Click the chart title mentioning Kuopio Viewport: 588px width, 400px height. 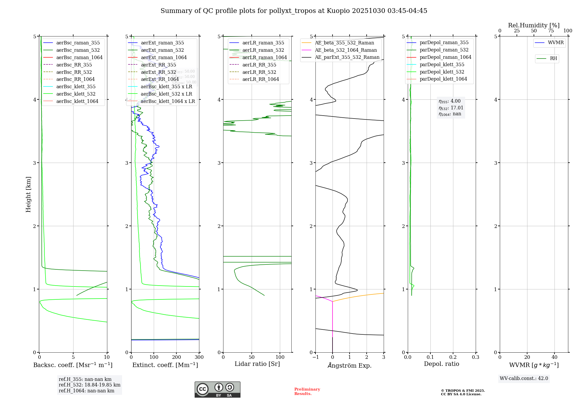(x=294, y=11)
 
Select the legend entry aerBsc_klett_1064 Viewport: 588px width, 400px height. (x=77, y=101)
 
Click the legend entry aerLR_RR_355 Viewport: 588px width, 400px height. (x=259, y=65)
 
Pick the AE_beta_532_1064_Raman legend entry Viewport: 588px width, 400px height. (x=346, y=50)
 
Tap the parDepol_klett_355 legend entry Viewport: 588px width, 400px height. (x=442, y=64)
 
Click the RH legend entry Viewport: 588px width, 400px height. (x=553, y=59)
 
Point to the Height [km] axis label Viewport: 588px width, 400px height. (x=28, y=194)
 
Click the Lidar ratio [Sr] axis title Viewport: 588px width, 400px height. (x=257, y=364)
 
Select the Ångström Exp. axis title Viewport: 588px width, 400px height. (x=350, y=365)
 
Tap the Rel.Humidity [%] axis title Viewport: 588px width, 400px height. (x=534, y=25)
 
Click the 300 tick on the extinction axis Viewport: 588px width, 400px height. (x=199, y=357)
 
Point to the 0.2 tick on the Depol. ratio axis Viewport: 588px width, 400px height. (x=453, y=357)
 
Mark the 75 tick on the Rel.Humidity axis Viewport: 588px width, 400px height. (x=551, y=31)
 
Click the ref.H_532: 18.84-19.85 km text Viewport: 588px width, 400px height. (x=89, y=385)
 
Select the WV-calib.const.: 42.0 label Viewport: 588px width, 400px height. (x=524, y=379)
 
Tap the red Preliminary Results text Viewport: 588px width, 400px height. (x=307, y=391)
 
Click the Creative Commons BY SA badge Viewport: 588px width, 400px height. (x=217, y=390)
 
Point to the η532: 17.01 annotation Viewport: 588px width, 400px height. (x=451, y=108)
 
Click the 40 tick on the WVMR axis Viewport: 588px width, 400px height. (x=554, y=357)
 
